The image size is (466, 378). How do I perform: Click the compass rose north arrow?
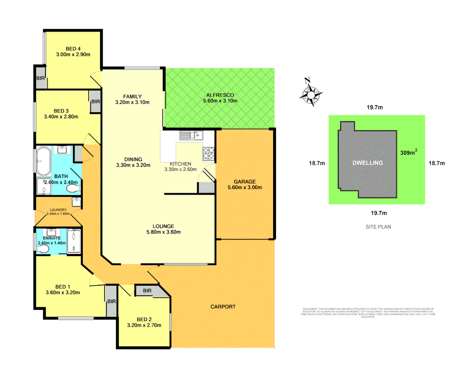pyautogui.click(x=310, y=92)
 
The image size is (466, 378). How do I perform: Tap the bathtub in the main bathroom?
pyautogui.click(x=44, y=161)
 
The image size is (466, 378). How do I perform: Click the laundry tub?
pyautogui.click(x=77, y=202)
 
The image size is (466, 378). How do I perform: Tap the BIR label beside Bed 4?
pyautogui.click(x=41, y=78)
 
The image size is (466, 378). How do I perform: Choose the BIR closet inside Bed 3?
pyautogui.click(x=95, y=101)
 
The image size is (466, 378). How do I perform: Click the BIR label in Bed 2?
pyautogui.click(x=147, y=290)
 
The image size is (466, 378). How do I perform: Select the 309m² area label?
pyautogui.click(x=408, y=153)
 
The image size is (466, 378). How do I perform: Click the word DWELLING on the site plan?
pyautogui.click(x=367, y=163)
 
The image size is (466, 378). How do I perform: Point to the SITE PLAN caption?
pyautogui.click(x=378, y=227)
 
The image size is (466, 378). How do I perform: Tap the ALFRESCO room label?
pyautogui.click(x=220, y=95)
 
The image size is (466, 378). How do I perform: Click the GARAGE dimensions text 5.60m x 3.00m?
pyautogui.click(x=245, y=187)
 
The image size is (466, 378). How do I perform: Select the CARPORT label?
pyautogui.click(x=223, y=307)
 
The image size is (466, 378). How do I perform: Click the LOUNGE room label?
pyautogui.click(x=163, y=226)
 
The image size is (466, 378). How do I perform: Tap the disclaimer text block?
pyautogui.click(x=368, y=313)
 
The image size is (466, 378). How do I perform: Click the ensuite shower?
pyautogui.click(x=74, y=240)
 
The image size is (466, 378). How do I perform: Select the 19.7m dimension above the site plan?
pyautogui.click(x=374, y=107)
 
